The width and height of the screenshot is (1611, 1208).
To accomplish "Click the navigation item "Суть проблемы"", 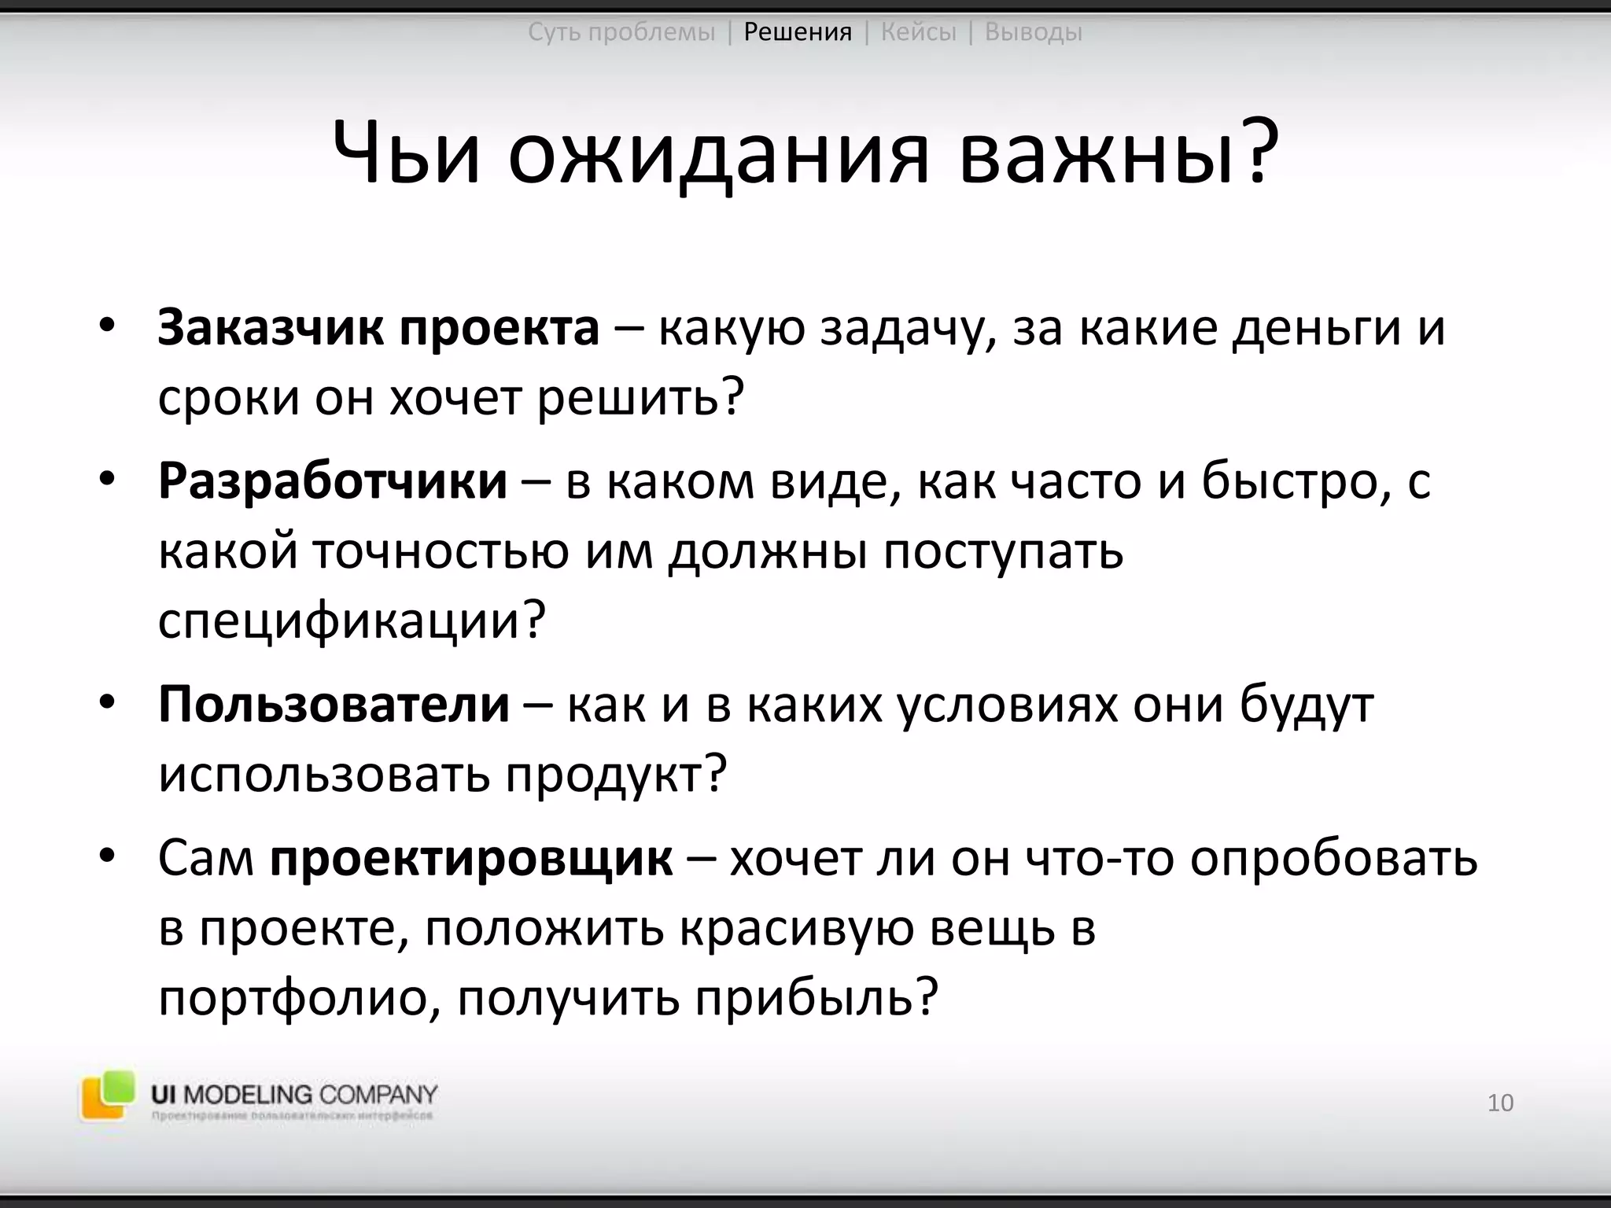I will point(621,32).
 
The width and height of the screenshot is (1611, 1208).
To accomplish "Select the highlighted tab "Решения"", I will point(798,32).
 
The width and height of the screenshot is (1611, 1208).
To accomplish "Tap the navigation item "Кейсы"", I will point(918,32).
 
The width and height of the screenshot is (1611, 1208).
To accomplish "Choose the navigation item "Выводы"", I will point(1033,32).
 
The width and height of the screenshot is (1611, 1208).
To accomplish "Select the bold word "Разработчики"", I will point(332,481).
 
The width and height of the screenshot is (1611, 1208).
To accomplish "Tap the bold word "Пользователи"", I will point(334,704).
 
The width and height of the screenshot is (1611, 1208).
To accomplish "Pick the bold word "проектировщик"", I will point(471,858).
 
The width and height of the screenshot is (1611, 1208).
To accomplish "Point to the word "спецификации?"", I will point(352,621).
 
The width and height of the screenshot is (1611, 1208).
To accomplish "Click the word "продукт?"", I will point(616,775).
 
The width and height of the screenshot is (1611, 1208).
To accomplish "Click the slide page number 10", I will point(1500,1103).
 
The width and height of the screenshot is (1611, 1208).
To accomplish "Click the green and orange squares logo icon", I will point(106,1094).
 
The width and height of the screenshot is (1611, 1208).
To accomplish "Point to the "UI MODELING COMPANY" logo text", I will point(294,1094).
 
